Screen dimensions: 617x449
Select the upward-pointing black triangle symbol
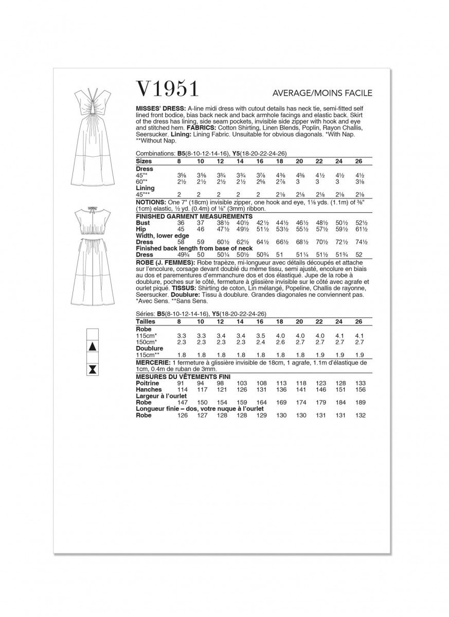pos(93,347)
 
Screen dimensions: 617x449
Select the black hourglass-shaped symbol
pos(93,369)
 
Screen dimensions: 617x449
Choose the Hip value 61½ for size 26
pos(358,229)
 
